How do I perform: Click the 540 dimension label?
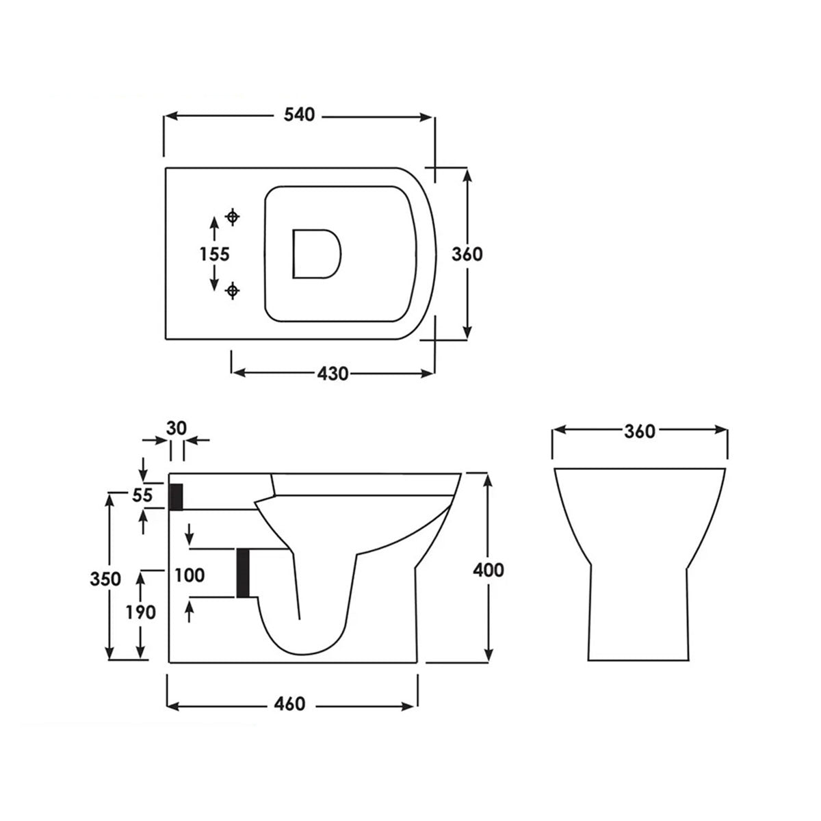(x=300, y=115)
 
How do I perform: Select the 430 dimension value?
(x=333, y=374)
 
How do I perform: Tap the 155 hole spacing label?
(x=214, y=254)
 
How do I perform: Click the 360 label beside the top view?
(x=467, y=254)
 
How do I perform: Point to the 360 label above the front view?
(x=639, y=431)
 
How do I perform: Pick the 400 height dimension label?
(x=488, y=569)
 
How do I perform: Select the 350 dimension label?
(x=106, y=578)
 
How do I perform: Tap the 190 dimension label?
(x=140, y=612)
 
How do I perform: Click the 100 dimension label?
(x=190, y=575)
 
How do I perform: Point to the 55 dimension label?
(x=142, y=495)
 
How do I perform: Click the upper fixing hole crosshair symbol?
(x=233, y=218)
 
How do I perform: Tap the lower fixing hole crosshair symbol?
(x=233, y=291)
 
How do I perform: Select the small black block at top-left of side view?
(x=176, y=496)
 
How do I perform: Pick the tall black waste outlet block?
(x=242, y=573)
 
